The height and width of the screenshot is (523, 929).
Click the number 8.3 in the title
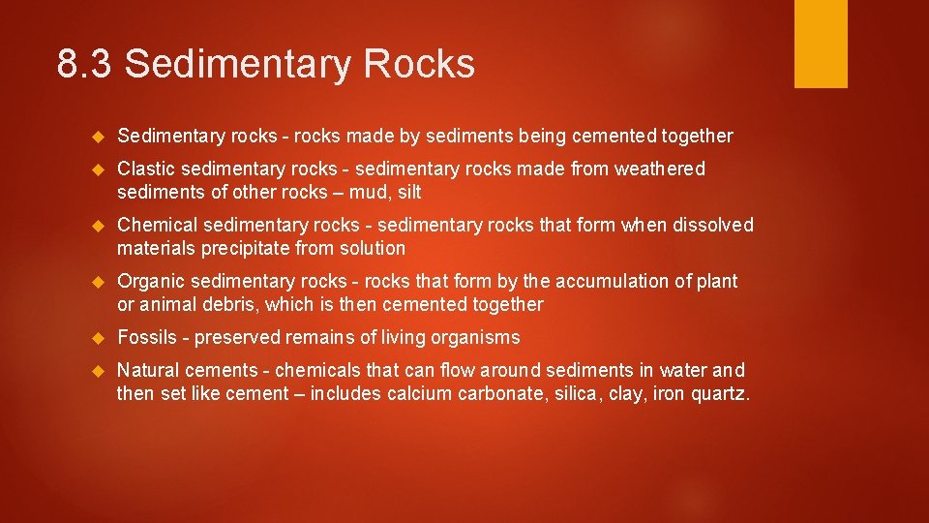click(85, 65)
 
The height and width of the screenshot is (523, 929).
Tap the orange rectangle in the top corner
click(821, 44)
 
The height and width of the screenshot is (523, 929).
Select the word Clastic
click(145, 169)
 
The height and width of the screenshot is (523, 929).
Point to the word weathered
click(660, 169)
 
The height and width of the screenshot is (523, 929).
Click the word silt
click(408, 192)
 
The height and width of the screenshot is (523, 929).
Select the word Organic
click(151, 281)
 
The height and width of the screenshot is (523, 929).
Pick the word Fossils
click(148, 337)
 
